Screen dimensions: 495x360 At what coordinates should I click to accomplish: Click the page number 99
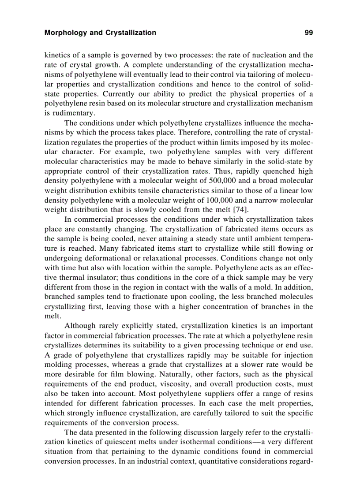(x=308, y=33)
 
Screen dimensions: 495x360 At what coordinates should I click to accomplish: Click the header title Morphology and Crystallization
(x=100, y=33)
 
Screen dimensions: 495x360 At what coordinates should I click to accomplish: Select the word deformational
(x=104, y=258)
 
